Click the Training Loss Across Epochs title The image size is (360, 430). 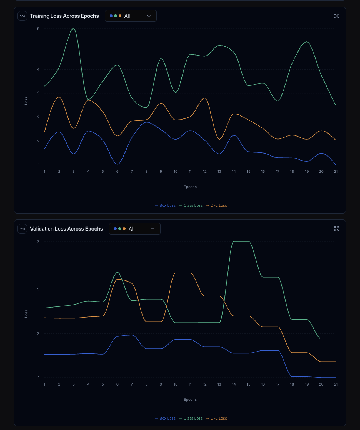(64, 16)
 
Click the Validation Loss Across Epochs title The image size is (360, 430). (66, 229)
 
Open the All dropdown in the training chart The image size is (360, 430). (130, 16)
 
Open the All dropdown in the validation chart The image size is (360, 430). (134, 229)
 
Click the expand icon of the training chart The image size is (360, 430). (337, 16)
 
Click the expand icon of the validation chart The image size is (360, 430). (337, 229)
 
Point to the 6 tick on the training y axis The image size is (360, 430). (38, 28)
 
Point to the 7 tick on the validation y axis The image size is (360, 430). (38, 241)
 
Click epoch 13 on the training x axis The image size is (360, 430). (219, 172)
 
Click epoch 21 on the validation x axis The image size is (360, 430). (336, 384)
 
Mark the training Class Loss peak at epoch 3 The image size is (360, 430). (74, 28)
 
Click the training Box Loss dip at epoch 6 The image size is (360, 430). (117, 164)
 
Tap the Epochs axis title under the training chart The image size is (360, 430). (190, 187)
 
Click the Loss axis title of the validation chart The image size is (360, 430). (26, 313)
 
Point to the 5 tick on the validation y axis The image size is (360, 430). (38, 289)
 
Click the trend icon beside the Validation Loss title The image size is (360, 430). (22, 229)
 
